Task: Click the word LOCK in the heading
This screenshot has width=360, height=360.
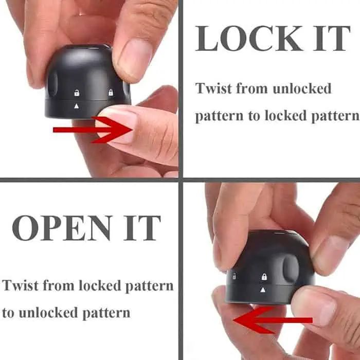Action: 249,38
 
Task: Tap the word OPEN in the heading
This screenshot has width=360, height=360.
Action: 62,228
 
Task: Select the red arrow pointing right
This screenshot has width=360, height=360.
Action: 93,130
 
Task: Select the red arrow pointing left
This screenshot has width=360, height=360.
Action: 273,320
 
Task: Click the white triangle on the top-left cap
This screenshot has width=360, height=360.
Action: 77,106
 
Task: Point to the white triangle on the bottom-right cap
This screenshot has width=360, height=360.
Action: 263,290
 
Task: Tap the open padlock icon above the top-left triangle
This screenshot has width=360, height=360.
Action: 77,93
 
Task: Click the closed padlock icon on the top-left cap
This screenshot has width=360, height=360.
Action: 111,92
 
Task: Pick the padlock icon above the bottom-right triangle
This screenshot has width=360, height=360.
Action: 264,277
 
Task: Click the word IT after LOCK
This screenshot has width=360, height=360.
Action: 332,38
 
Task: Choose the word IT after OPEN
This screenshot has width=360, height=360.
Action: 142,228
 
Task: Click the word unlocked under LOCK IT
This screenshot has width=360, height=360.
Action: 302,88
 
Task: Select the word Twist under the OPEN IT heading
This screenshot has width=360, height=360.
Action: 21,285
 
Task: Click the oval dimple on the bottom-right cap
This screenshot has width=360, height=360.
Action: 291,268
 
